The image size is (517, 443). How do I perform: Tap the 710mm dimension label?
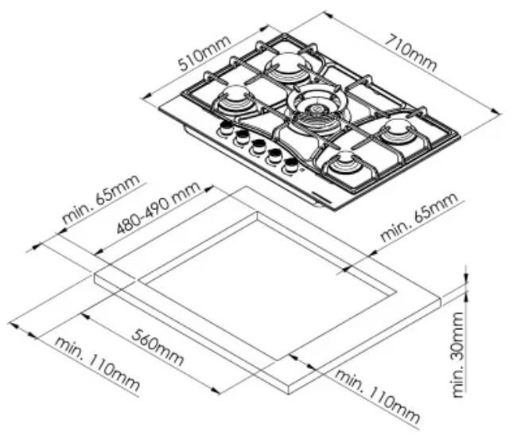411,52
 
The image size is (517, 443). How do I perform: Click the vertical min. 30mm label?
458,355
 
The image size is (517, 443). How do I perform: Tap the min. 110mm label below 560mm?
97,364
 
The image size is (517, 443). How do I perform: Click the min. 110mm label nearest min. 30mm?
377,396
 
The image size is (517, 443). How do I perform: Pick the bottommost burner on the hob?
345,164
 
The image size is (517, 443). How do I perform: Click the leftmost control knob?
226,128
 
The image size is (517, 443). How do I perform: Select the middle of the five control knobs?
258,147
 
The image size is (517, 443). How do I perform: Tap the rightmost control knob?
290,165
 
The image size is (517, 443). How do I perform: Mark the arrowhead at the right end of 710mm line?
496,112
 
